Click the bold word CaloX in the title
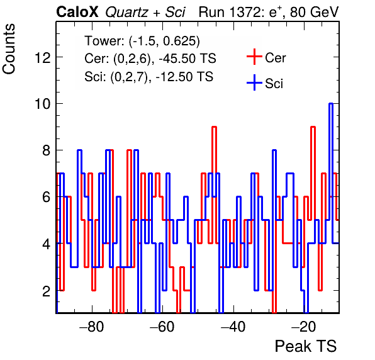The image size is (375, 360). tap(77, 12)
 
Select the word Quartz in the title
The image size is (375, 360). tap(126, 13)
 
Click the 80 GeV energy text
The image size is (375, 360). tap(315, 12)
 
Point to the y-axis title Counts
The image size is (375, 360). tap(9, 49)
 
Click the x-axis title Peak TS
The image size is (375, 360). tap(306, 346)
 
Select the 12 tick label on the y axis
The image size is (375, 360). tap(43, 58)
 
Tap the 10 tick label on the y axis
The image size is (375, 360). tap(43, 104)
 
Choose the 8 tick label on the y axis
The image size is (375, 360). tap(47, 150)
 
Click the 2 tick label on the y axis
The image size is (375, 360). tap(47, 291)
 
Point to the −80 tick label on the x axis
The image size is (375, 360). tap(92, 327)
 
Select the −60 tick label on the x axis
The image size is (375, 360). tap(162, 327)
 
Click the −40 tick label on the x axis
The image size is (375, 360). tap(233, 327)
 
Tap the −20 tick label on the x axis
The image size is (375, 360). tap(304, 327)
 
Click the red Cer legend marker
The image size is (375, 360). tap(254, 57)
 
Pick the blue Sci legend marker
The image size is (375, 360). tap(254, 83)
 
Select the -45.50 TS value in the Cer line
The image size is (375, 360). tap(187, 59)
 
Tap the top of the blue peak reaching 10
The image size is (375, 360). tap(331, 103)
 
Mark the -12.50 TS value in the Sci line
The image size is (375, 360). tap(184, 77)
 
